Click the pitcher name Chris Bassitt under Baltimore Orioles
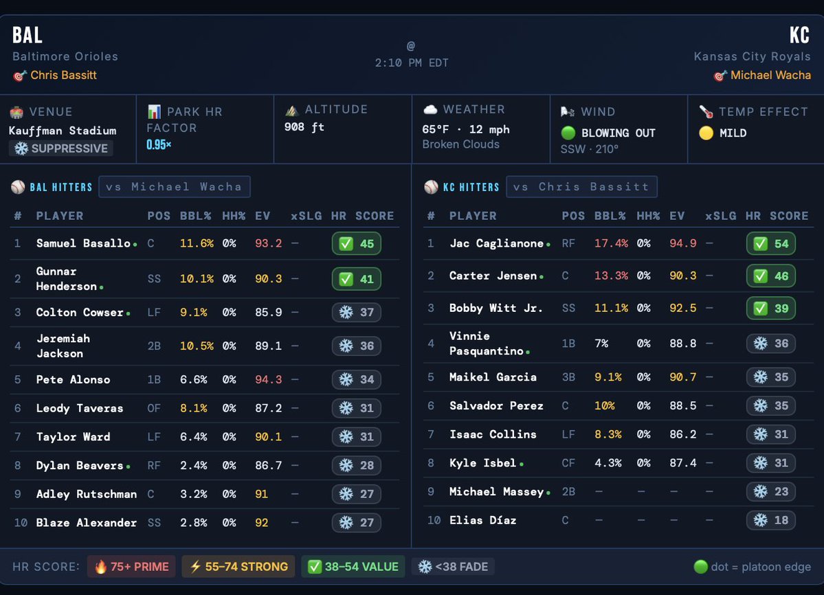63,75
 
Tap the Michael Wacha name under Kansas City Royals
770,75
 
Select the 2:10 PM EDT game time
411,63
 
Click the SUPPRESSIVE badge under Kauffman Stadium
61,148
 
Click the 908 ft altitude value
304,127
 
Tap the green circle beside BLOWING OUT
568,133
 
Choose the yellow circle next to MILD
706,133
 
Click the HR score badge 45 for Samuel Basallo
356,244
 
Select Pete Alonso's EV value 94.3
268,379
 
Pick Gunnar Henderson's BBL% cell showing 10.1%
197,278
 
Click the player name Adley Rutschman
87,494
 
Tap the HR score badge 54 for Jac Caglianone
770,244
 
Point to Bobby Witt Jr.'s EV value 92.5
682,308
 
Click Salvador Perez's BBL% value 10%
605,405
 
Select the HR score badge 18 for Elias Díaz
770,520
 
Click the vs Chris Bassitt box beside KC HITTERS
581,187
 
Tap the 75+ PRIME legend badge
131,567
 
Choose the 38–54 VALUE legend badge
353,567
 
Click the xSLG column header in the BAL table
306,216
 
